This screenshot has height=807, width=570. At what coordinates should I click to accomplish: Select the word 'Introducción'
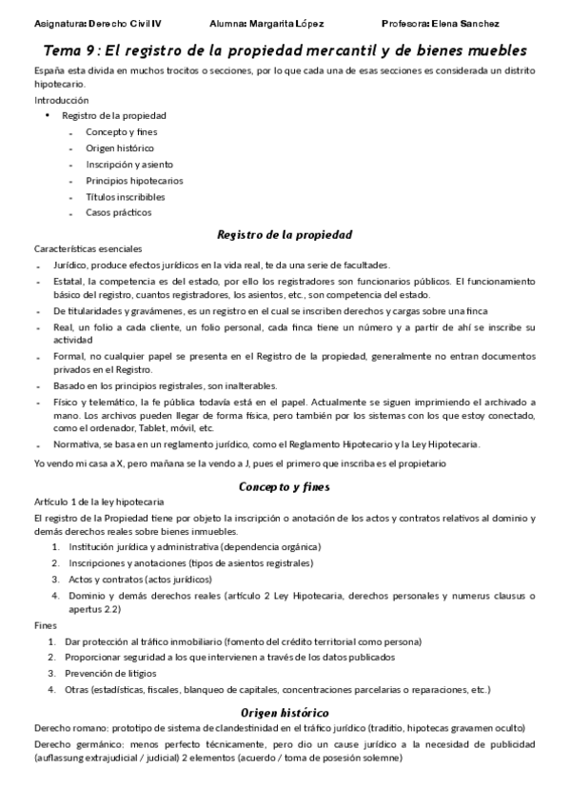click(61, 100)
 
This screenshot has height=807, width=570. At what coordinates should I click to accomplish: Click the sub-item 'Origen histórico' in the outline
click(119, 148)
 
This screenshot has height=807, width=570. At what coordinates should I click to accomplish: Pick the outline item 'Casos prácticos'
click(118, 212)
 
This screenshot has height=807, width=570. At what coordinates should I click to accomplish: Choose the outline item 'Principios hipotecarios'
click(134, 180)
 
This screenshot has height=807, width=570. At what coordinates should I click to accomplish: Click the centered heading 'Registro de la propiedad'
click(285, 233)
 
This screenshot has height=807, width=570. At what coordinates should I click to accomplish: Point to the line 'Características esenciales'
click(87, 248)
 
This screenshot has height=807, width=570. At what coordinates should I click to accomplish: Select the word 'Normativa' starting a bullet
click(76, 444)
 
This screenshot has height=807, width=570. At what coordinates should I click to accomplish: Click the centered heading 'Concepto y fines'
click(285, 485)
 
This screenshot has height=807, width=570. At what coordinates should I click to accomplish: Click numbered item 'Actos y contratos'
click(104, 579)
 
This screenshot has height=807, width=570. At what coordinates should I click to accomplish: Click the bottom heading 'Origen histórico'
click(285, 712)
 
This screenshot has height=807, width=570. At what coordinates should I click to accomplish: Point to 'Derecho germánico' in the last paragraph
click(73, 742)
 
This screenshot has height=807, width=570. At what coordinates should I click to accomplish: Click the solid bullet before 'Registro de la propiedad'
click(48, 116)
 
